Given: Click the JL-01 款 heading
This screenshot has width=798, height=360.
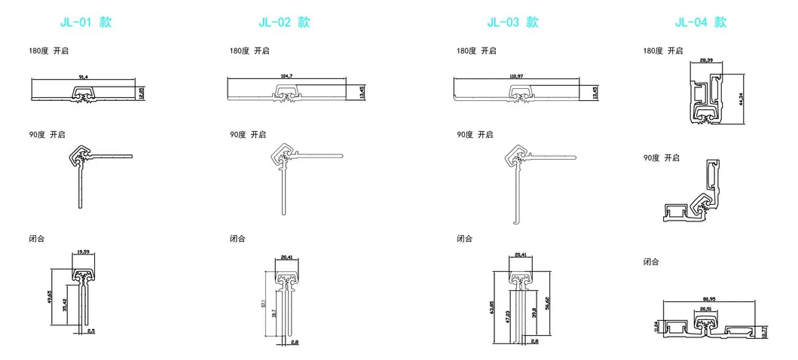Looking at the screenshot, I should [x=85, y=22].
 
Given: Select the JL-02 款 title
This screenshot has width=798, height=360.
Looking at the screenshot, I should [x=284, y=22].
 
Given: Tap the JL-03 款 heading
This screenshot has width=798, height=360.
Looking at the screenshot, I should [x=512, y=22].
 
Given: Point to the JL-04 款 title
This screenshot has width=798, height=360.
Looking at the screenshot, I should [x=701, y=22].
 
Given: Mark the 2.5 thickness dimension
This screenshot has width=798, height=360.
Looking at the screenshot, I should [x=92, y=331].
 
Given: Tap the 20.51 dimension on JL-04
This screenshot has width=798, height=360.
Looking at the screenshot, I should [x=705, y=308].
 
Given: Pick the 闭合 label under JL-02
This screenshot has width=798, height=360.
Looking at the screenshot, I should [x=237, y=239].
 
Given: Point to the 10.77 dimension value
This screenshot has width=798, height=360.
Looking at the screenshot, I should [x=765, y=331].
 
